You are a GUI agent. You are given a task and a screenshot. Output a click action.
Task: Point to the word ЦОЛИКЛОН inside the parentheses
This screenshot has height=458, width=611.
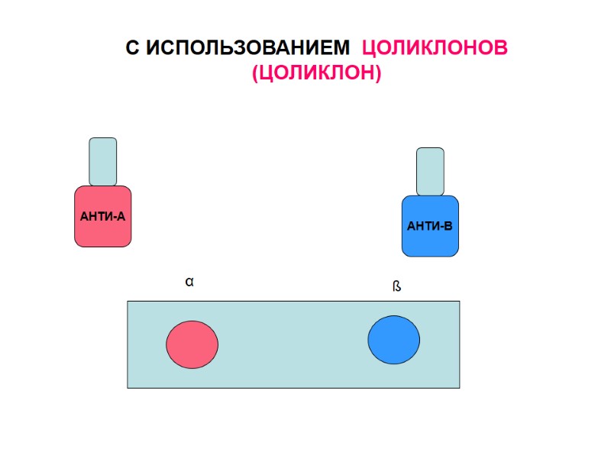coord(315,74)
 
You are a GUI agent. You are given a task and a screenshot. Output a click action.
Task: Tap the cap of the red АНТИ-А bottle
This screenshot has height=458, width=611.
coord(103,161)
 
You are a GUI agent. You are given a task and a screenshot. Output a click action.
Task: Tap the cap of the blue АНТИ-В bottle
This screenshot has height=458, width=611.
coord(430,171)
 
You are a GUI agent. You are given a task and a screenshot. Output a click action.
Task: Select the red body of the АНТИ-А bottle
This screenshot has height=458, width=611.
coord(103,233)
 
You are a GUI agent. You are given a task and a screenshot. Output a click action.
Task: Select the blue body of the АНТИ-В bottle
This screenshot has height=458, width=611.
coord(430,243)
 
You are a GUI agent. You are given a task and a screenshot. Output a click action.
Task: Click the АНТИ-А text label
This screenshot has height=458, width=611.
coord(102,217)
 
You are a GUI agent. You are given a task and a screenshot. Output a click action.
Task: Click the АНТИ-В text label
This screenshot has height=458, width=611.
coord(430,227)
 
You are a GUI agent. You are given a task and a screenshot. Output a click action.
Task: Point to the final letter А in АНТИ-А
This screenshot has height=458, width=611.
coord(120,217)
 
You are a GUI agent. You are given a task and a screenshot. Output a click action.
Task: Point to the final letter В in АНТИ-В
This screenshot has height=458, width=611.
coord(448,227)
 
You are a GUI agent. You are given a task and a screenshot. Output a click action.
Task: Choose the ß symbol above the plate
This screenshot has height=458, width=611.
coord(396,287)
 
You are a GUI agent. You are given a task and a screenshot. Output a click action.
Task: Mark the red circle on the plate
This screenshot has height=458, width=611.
coord(192,344)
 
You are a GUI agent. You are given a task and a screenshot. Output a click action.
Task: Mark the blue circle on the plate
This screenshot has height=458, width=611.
coord(393,340)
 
